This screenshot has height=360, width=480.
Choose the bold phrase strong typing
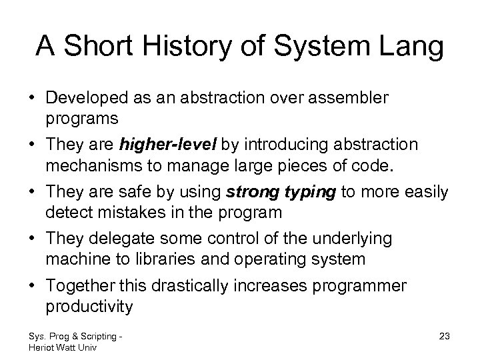282,193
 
